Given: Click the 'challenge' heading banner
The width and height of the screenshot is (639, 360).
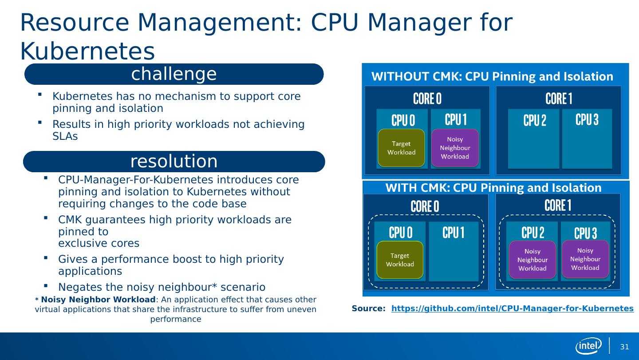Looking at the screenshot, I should coord(174,74).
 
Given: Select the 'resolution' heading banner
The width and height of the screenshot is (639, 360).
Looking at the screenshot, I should coord(174,162).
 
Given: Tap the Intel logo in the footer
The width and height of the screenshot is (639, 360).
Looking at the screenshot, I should coord(588,346).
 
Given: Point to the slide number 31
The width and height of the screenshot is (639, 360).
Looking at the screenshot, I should coord(624,347).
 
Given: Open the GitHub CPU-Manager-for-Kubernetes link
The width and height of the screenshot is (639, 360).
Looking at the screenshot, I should coord(512,309).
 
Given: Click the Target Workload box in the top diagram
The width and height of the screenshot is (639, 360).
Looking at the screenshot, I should coord(401,148).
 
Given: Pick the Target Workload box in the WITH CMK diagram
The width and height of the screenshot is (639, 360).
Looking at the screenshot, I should coord(399,260).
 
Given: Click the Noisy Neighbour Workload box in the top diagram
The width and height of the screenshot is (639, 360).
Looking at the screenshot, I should coord(455,148).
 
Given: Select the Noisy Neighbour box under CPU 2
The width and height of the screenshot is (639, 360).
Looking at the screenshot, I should coord(532,260).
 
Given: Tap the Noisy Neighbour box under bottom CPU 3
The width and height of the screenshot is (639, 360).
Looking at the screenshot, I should coord(585,259).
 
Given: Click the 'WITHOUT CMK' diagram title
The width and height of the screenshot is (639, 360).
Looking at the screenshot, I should coord(492,77).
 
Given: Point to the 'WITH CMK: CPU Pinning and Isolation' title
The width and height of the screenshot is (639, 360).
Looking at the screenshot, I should coord(493,188).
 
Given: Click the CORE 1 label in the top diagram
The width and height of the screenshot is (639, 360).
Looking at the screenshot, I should coord(559,99).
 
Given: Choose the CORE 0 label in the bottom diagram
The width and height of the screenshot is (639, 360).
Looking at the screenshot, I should coord(425,206).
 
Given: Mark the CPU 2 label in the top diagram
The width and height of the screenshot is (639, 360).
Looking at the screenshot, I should coord(535,120).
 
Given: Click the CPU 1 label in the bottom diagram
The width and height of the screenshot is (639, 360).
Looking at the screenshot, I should coord(454,233).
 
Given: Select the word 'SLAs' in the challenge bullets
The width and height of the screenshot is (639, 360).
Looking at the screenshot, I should coord(65,136).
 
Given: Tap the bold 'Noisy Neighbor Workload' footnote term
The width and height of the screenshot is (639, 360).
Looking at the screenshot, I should coord(98,299).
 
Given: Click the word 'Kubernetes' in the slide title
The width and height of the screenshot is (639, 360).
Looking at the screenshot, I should coord(87,52).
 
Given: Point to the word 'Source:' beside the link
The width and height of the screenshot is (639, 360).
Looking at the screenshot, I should coord(368,309).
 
